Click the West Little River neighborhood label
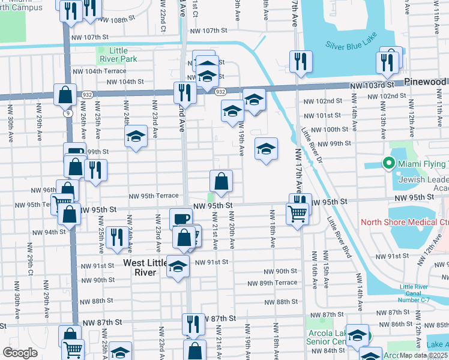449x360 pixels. pos(140,268)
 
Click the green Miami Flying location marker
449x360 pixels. pos(388,164)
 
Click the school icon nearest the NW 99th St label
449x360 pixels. pos(266,149)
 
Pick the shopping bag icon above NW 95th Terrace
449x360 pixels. pos(221,181)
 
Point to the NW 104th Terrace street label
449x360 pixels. pos(100,70)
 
